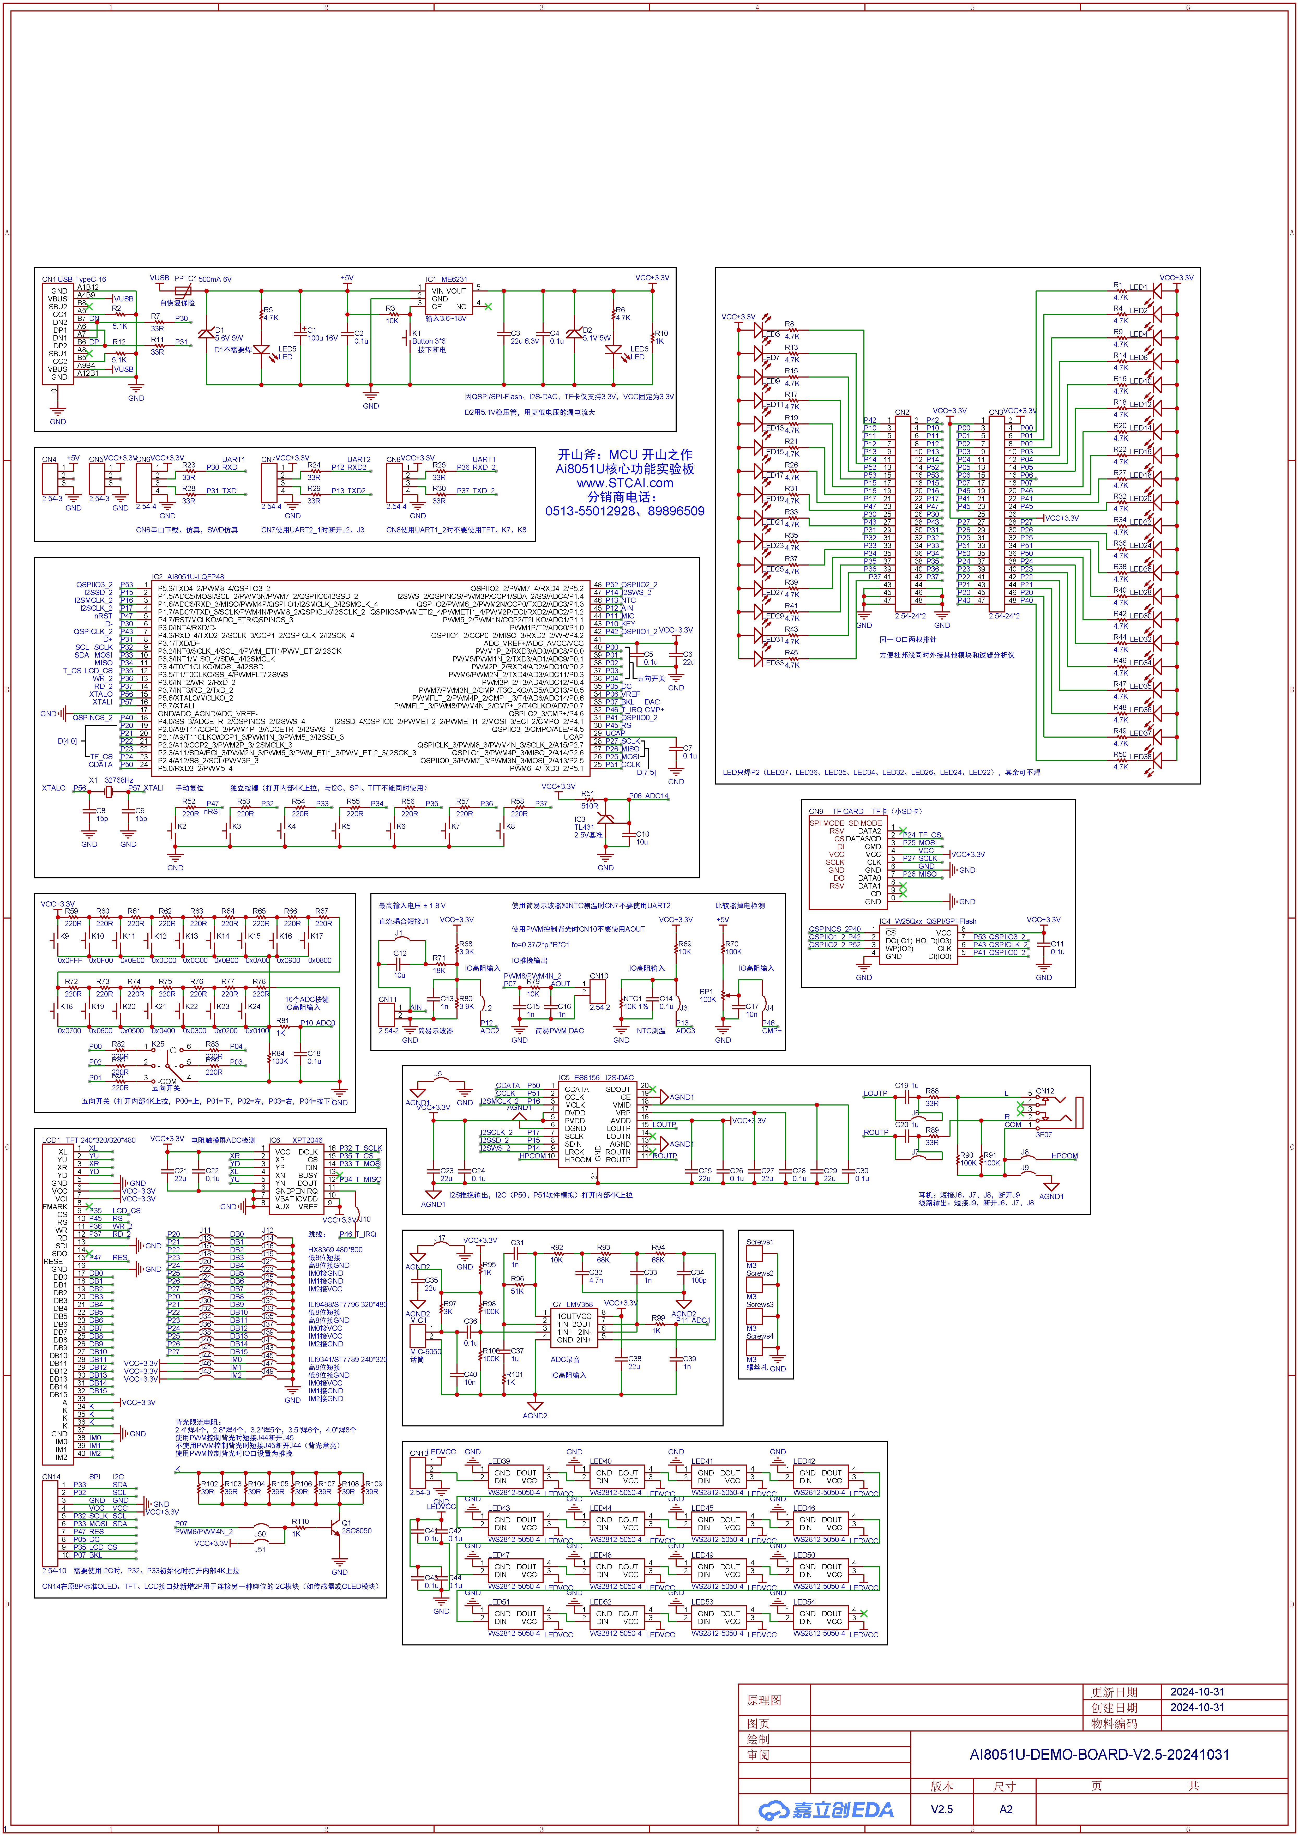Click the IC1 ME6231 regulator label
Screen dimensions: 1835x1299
pos(446,280)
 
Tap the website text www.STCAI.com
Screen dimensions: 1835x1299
pos(625,483)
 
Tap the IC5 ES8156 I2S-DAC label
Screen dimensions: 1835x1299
pos(596,1077)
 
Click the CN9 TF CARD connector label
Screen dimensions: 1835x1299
pos(836,811)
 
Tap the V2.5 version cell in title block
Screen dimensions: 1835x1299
pos(941,1809)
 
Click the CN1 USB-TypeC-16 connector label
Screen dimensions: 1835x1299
pos(74,279)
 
